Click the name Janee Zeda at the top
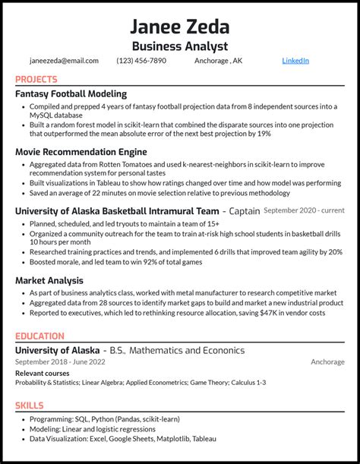180,27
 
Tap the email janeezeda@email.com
65,61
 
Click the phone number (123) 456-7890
141,61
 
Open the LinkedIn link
295,61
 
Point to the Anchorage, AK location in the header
219,61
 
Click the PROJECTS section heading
36,79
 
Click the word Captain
244,210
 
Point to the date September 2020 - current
304,210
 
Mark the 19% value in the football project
264,134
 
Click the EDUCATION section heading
40,335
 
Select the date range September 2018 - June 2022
58,362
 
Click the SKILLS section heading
30,406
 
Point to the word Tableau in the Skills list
204,438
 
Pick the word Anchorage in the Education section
327,362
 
